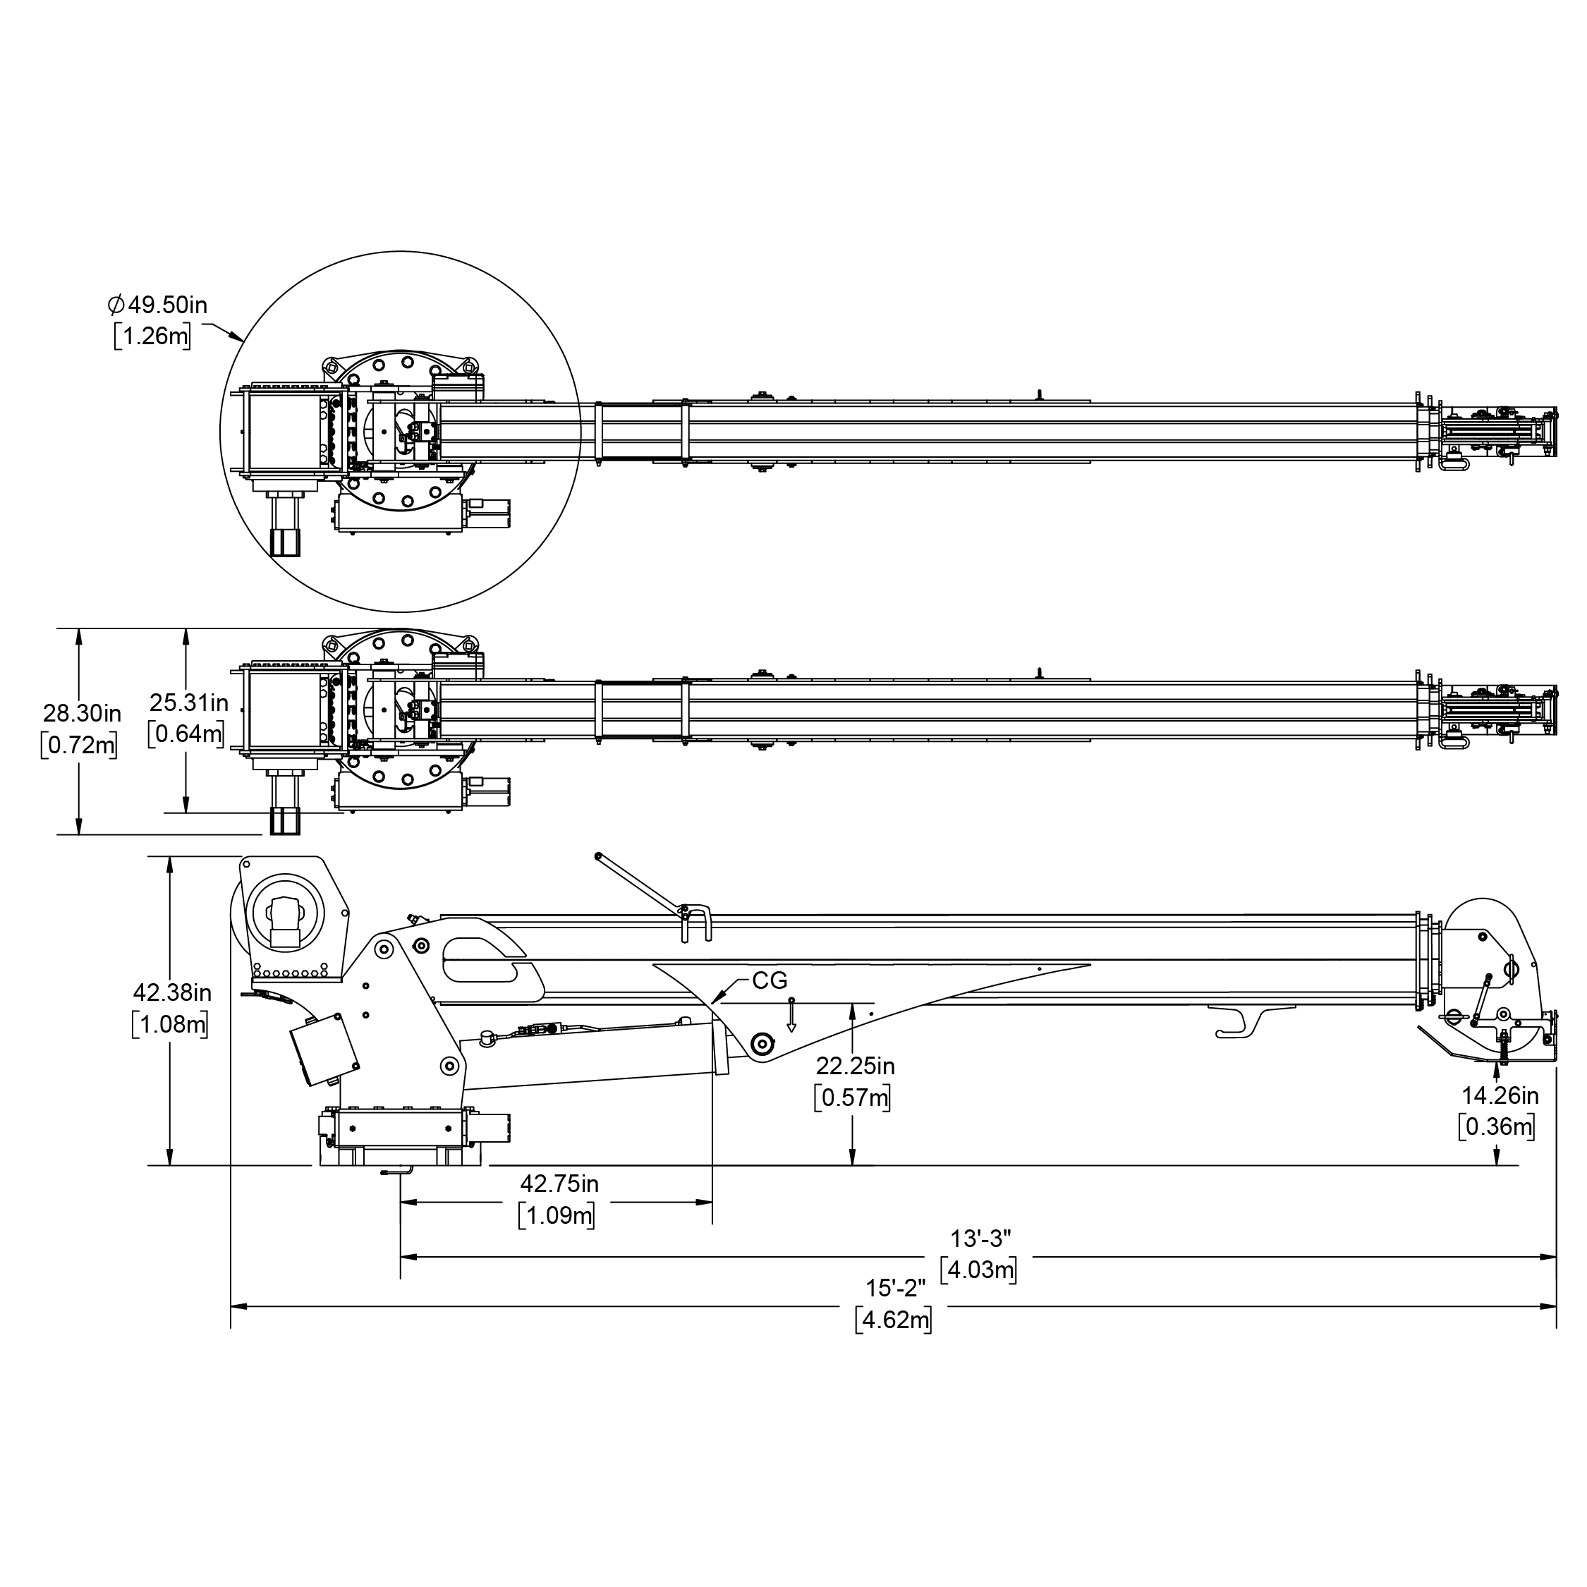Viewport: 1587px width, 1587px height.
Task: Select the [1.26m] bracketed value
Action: (x=153, y=336)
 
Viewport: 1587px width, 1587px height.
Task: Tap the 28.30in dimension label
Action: (x=82, y=712)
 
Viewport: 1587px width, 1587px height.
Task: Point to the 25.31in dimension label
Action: (x=189, y=703)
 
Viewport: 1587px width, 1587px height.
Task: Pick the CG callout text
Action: (x=770, y=980)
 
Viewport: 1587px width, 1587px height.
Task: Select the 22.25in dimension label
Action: (x=855, y=1066)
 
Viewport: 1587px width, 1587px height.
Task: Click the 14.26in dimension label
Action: (x=1500, y=1096)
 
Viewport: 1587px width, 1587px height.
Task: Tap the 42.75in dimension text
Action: (x=559, y=1184)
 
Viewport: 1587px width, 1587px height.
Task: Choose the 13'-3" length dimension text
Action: (x=980, y=1238)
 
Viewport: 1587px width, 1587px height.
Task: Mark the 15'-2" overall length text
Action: (x=895, y=1288)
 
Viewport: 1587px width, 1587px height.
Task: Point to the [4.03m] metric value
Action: (x=979, y=1270)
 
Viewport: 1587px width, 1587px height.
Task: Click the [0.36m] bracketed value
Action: (x=1497, y=1126)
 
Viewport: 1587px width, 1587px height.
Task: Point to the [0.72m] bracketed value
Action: (x=79, y=745)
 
